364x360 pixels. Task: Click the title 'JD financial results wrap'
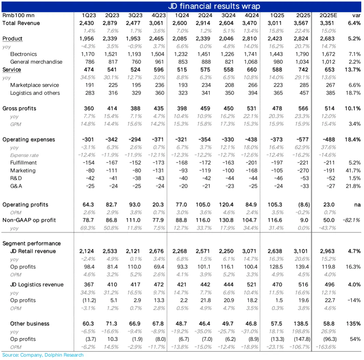click(214, 6)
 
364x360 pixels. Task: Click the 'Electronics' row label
click(24, 54)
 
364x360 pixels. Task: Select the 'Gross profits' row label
click(19, 108)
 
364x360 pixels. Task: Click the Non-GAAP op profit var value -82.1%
click(352, 220)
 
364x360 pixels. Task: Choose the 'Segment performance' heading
click(31, 244)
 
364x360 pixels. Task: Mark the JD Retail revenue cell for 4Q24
click(250, 251)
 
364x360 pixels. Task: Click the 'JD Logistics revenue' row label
click(37, 285)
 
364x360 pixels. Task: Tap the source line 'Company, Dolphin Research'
click(52, 355)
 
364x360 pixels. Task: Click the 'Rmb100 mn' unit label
click(18, 15)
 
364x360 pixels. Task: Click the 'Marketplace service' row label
click(34, 85)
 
